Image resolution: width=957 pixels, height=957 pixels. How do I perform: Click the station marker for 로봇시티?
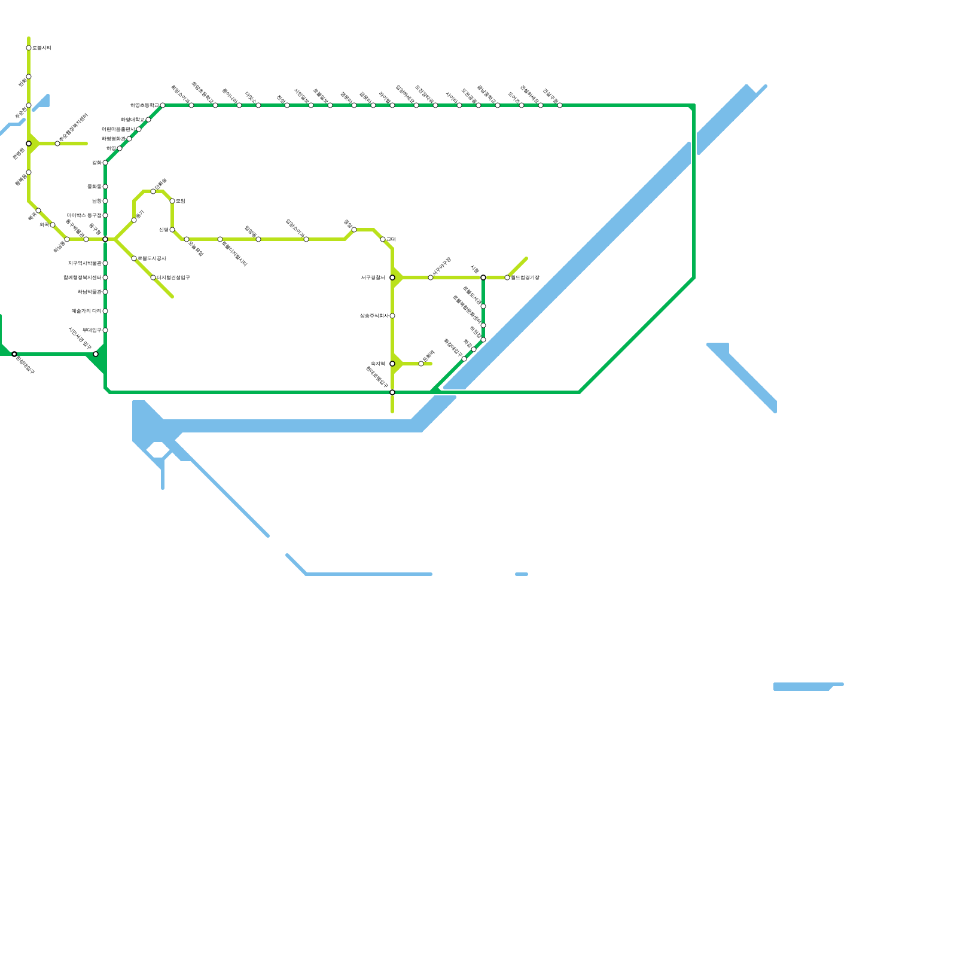(x=29, y=48)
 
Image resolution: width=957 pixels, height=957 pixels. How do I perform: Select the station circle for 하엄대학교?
(x=148, y=120)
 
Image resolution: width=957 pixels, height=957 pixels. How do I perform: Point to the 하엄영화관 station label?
(x=114, y=139)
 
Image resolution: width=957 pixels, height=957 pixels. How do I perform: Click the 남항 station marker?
(x=105, y=201)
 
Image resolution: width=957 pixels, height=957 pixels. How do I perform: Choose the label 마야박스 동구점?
(x=84, y=215)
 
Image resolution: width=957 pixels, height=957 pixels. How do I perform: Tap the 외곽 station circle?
(x=53, y=225)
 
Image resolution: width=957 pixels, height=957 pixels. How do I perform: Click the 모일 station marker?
(x=172, y=201)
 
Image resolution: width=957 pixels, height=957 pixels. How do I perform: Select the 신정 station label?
(x=163, y=230)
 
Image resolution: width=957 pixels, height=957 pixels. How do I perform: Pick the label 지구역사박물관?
(x=84, y=263)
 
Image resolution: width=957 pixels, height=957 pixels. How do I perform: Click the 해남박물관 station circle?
(x=105, y=292)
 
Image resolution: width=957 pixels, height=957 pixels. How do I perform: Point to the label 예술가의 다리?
(x=86, y=311)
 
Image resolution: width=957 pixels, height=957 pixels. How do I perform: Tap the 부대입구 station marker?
(x=105, y=330)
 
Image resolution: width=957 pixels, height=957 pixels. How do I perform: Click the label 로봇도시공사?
(x=152, y=258)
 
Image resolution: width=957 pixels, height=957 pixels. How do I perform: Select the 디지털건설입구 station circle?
(x=153, y=278)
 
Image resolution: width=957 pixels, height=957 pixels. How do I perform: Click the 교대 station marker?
(x=383, y=239)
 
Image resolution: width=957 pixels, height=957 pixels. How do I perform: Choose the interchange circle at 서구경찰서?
(x=392, y=278)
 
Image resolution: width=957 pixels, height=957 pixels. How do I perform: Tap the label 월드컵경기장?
(x=525, y=278)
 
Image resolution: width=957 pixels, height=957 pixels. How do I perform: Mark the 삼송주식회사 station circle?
(x=392, y=316)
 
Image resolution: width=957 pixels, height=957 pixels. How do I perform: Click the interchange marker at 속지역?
(x=392, y=364)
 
